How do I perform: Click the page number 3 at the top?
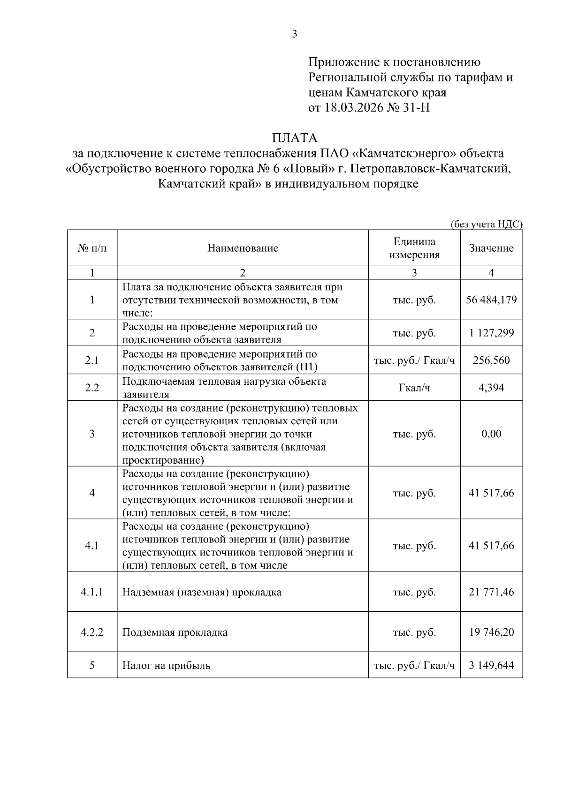coord(294,34)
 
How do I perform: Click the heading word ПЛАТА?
coord(295,138)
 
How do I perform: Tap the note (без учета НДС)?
coord(486,224)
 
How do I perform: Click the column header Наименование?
coord(243,248)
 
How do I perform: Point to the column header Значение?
coord(491,248)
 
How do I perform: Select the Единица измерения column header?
coord(414,248)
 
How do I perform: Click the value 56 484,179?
coord(491,300)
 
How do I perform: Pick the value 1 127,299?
coord(491,333)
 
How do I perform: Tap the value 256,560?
coord(491,360)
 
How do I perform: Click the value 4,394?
coord(491,387)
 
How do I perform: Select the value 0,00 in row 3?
coord(491,434)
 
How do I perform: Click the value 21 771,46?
coord(491,592)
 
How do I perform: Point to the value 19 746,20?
coord(491,632)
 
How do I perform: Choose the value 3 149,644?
coord(491,665)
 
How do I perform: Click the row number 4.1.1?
coord(92,592)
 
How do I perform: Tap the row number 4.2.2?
coord(92,632)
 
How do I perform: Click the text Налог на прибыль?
coord(166,665)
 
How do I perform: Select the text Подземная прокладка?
coord(175,632)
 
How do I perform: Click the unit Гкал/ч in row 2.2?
coord(414,388)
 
